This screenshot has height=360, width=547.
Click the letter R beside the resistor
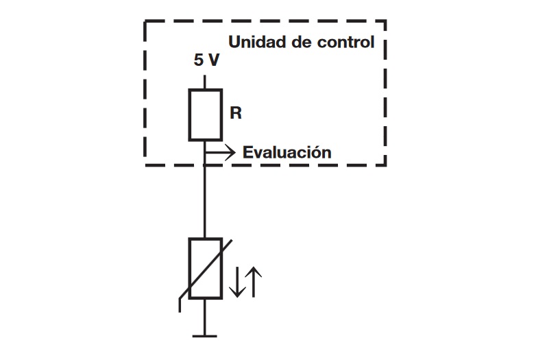236,113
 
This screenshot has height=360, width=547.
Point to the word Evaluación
287,152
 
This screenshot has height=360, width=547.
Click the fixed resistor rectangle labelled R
205,115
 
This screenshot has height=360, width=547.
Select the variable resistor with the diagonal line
205,268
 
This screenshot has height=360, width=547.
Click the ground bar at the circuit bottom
205,336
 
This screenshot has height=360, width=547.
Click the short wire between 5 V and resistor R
205,82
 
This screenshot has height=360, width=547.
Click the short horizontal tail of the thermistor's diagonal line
180,305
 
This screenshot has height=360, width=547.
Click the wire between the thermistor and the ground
205,317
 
